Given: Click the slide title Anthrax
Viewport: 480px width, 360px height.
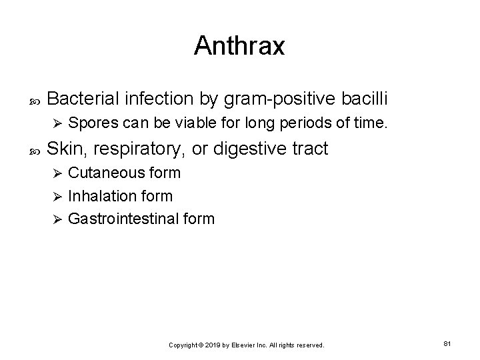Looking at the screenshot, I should tap(239, 45).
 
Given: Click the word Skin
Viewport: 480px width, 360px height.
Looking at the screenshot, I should tap(67, 148).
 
